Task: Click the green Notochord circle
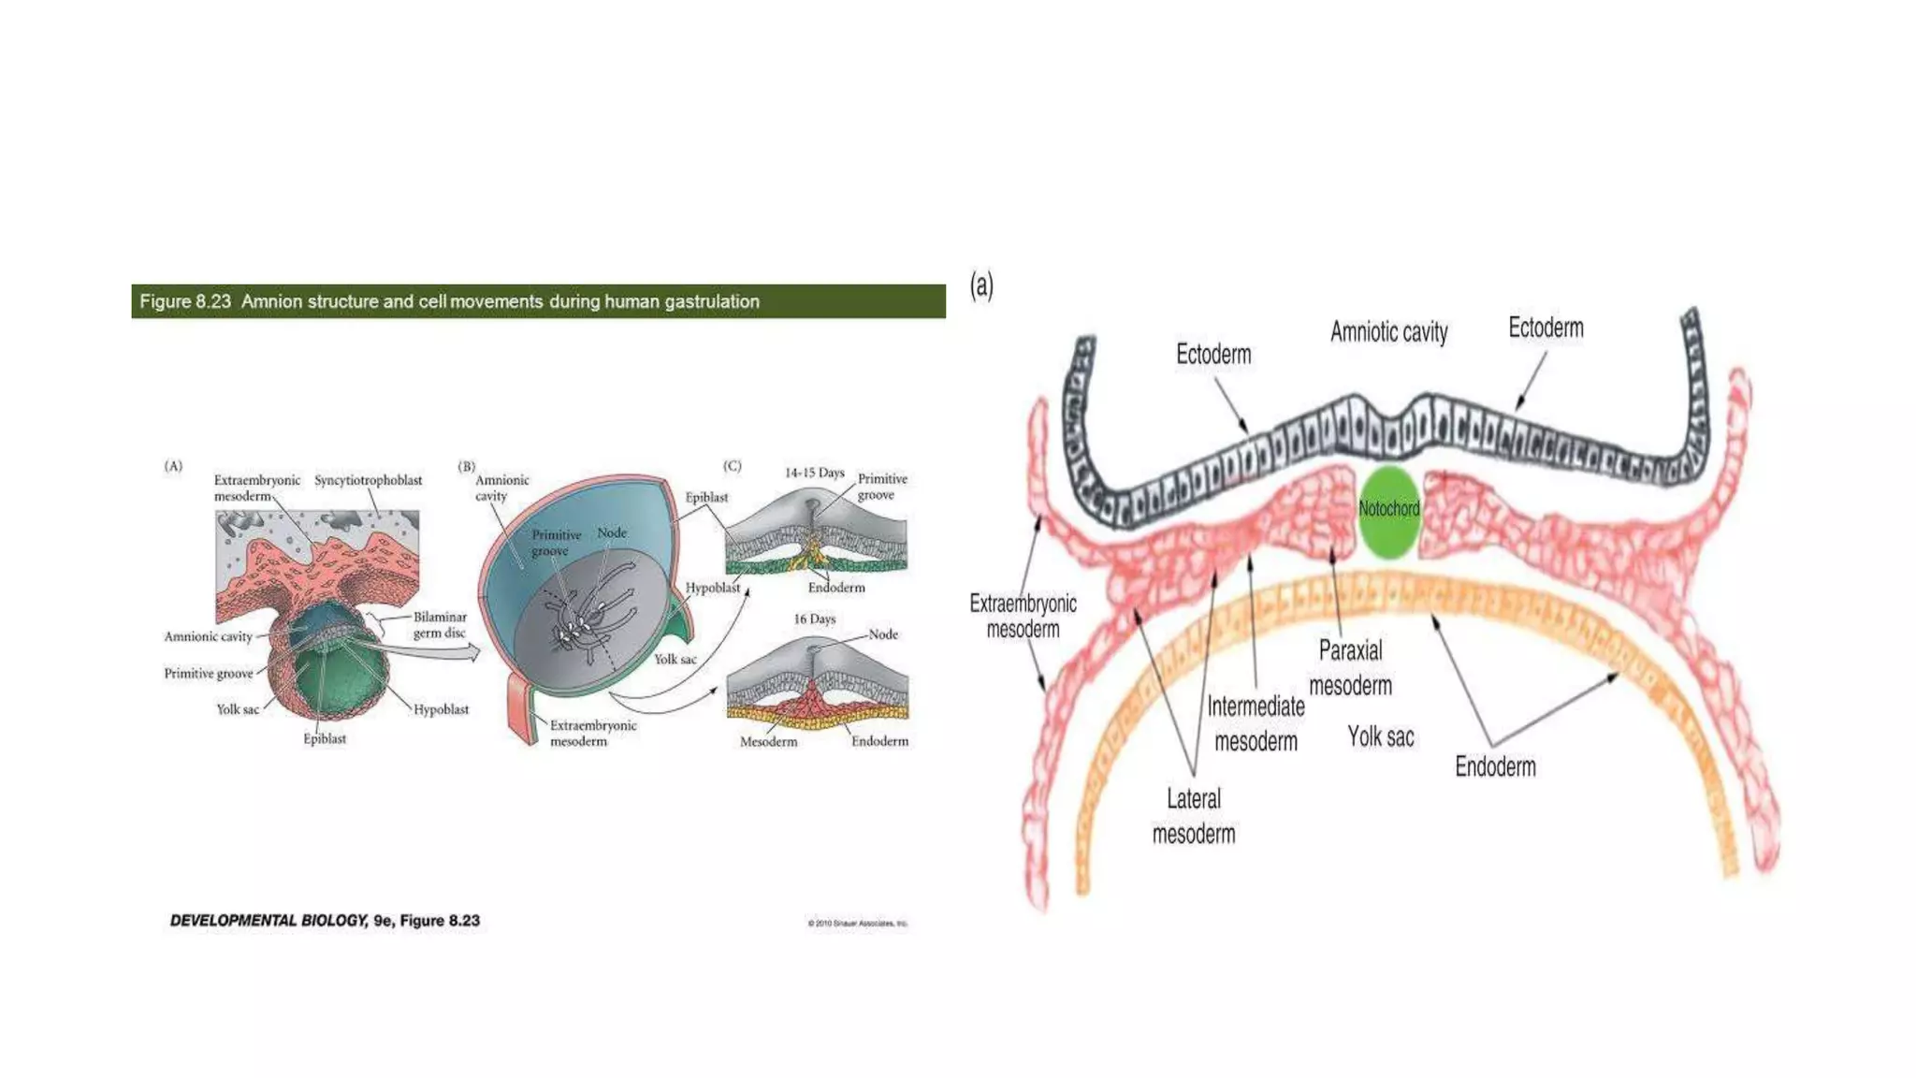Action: (1388, 512)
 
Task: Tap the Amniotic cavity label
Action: (1388, 332)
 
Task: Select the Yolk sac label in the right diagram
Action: (1380, 737)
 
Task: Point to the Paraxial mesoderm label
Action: (1350, 668)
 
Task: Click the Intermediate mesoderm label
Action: (1256, 723)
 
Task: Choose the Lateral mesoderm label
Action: (1194, 816)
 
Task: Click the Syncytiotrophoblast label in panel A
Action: (368, 480)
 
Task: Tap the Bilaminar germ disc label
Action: (440, 625)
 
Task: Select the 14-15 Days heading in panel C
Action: (814, 473)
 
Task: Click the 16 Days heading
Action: (814, 619)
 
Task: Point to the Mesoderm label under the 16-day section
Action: (768, 742)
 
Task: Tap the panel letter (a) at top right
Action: (981, 284)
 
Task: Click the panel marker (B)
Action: (466, 466)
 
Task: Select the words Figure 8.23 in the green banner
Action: (185, 301)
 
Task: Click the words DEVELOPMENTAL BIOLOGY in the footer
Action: (269, 921)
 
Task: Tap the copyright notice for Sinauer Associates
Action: (857, 924)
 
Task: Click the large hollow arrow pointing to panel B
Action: (430, 649)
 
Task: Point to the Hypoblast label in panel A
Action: (441, 709)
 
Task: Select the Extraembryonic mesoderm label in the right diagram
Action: (1023, 616)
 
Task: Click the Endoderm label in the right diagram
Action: (1495, 767)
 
